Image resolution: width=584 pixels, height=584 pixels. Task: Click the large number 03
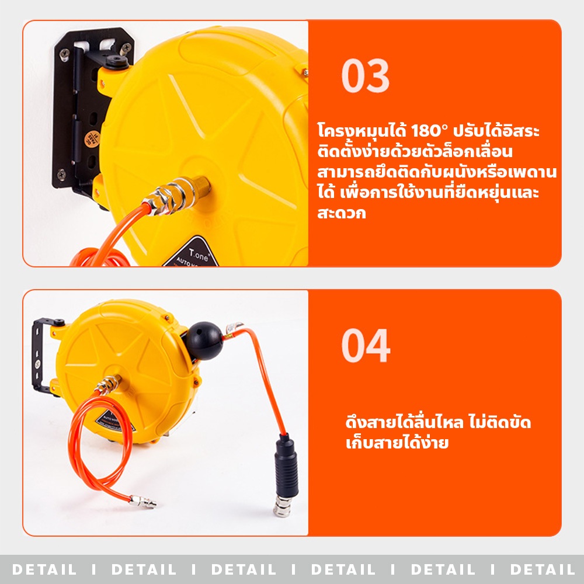point(366,75)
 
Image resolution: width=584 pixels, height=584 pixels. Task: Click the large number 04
point(366,346)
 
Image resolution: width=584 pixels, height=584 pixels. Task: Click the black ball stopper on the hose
point(204,341)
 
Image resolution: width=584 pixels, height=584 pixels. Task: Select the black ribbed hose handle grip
point(286,466)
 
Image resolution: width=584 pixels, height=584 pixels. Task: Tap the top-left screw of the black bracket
point(64,54)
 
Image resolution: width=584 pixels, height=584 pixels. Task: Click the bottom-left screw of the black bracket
point(61,174)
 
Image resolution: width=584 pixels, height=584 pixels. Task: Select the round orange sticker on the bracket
point(92,138)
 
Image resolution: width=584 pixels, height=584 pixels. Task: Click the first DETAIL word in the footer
point(44,569)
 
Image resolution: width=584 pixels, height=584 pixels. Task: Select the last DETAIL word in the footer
point(543,569)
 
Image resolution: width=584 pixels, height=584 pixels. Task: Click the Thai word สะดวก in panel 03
point(342,213)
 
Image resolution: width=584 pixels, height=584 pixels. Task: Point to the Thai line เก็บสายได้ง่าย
point(397,443)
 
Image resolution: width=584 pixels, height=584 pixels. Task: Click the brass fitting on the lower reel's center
point(109,384)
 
